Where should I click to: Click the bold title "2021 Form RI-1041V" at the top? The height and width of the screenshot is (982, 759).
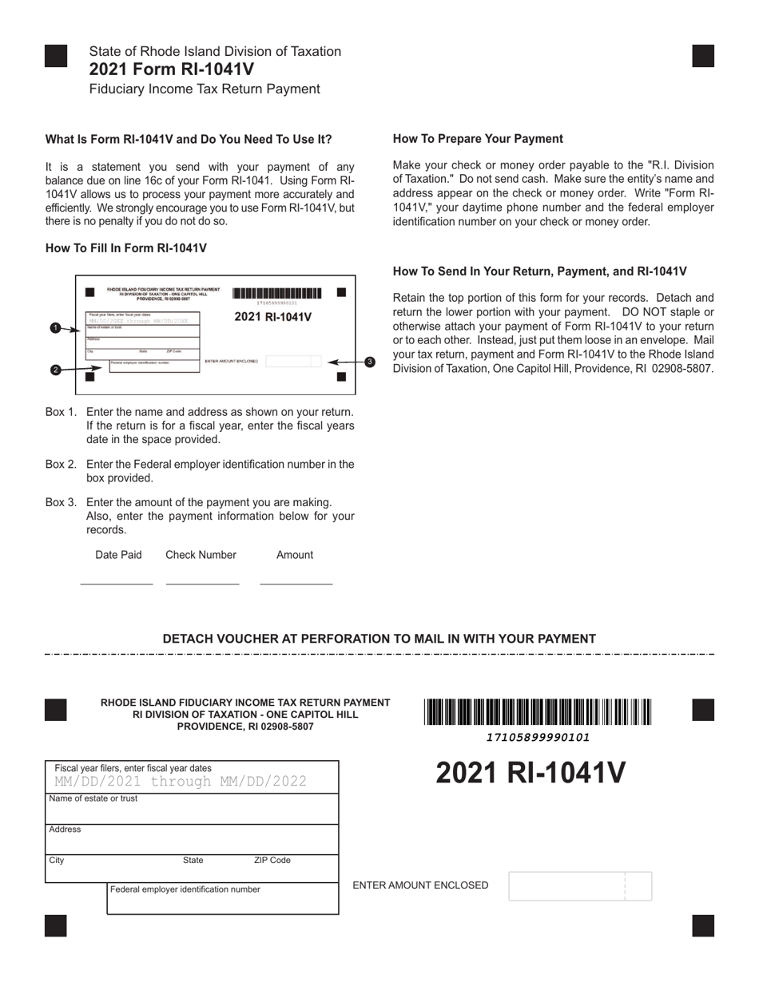pyautogui.click(x=171, y=69)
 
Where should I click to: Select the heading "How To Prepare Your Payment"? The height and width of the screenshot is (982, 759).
pyautogui.click(x=478, y=139)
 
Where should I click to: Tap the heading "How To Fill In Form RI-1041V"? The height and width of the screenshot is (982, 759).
pyautogui.click(x=126, y=248)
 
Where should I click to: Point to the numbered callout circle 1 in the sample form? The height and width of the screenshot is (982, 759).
pyautogui.click(x=55, y=328)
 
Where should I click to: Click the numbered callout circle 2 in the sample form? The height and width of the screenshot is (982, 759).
pyautogui.click(x=55, y=370)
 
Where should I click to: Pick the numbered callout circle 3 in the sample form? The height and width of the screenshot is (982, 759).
pyautogui.click(x=369, y=362)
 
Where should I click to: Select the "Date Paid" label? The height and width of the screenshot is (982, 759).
pyautogui.click(x=118, y=555)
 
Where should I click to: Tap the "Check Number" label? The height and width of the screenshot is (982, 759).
pyautogui.click(x=201, y=555)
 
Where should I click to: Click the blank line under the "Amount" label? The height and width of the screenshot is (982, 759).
pyautogui.click(x=296, y=584)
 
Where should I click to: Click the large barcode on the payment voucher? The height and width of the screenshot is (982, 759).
pyautogui.click(x=538, y=711)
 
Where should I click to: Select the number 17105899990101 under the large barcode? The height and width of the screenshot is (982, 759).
pyautogui.click(x=538, y=738)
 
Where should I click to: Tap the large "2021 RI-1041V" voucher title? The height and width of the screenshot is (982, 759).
pyautogui.click(x=531, y=774)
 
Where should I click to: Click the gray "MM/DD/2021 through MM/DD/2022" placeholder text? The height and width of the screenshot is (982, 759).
pyautogui.click(x=181, y=781)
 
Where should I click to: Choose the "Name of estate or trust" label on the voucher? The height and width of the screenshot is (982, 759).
pyautogui.click(x=93, y=798)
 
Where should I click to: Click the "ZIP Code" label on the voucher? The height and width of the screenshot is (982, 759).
pyautogui.click(x=272, y=861)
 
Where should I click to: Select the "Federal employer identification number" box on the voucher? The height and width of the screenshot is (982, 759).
pyautogui.click(x=223, y=898)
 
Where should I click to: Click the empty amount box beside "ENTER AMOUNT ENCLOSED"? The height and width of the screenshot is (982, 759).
pyautogui.click(x=579, y=886)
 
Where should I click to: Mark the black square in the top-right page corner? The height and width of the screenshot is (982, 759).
pyautogui.click(x=703, y=56)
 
